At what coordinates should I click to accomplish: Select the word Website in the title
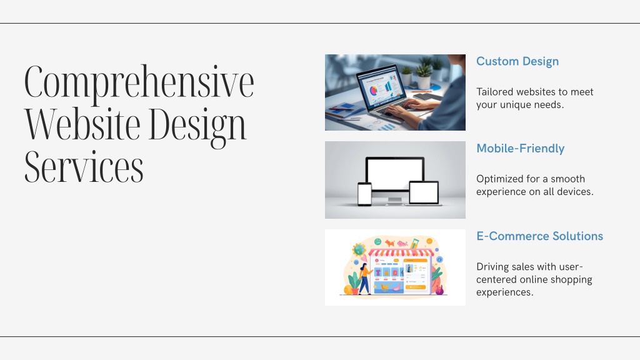[x=82, y=124]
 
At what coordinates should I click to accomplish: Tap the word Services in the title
[x=84, y=166]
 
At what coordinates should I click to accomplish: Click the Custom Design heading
[x=517, y=62]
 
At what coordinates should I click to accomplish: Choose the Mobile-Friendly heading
[x=521, y=149]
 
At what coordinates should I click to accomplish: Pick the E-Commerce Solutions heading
[x=539, y=236]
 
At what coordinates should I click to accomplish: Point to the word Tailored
[x=492, y=92]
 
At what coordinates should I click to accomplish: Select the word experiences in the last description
[x=505, y=292]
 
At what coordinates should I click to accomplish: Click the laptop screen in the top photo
[x=382, y=86]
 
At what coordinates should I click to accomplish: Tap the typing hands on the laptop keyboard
[x=408, y=108]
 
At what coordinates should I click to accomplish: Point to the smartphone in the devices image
[x=364, y=194]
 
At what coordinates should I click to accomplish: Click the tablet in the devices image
[x=424, y=192]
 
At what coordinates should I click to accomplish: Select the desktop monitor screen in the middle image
[x=395, y=174]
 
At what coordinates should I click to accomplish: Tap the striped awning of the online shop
[x=401, y=252]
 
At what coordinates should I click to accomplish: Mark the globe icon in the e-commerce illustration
[x=359, y=249]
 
